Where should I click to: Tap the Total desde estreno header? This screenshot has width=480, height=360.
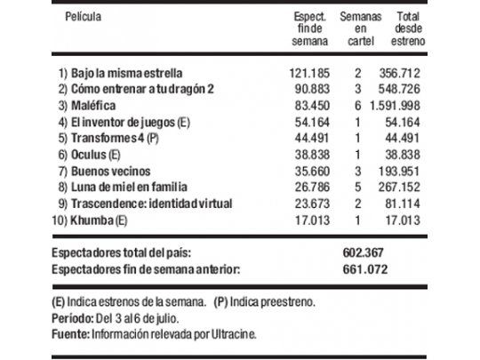click(409, 28)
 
